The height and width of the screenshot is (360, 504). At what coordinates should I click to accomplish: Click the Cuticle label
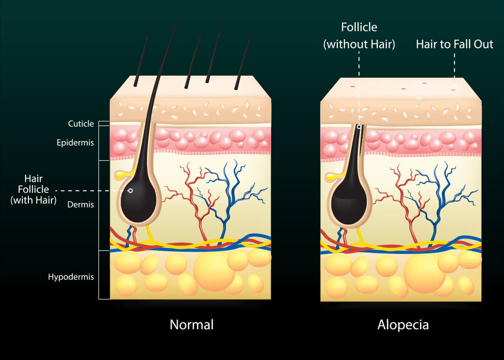tap(81, 124)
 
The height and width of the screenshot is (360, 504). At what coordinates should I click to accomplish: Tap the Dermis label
tap(81, 205)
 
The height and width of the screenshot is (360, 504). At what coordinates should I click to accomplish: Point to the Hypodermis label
tap(71, 277)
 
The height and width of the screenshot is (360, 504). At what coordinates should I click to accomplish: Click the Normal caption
tap(191, 325)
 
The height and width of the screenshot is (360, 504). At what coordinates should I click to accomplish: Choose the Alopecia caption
tap(403, 325)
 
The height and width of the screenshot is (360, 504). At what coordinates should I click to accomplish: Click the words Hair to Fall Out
tap(455, 44)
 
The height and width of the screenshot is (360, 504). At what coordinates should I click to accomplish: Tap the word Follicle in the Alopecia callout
tap(359, 27)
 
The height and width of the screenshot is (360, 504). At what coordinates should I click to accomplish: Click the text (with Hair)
tap(34, 200)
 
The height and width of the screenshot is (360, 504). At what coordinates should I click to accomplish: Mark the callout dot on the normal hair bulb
tap(130, 191)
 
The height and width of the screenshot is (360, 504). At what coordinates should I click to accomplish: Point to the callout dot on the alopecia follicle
tap(359, 127)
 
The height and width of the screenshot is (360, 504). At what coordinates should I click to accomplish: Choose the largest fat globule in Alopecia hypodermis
tap(425, 273)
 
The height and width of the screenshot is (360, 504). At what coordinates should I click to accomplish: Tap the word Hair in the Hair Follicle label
tap(34, 178)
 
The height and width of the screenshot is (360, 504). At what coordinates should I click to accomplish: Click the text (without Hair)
tap(359, 44)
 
